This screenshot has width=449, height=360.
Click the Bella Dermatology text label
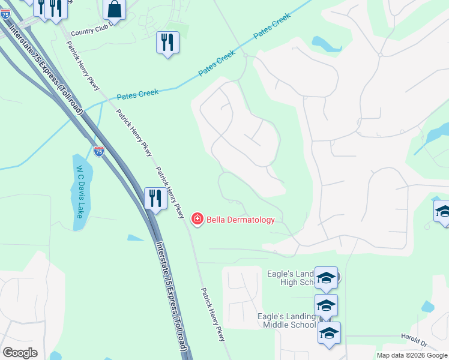point(241,220)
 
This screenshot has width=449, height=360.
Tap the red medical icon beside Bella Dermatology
point(196,220)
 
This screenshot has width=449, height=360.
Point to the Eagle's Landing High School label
point(291,278)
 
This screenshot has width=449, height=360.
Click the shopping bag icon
point(114,9)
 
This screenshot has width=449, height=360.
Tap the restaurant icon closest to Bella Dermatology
point(155,198)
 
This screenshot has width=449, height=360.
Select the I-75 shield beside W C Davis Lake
point(99,151)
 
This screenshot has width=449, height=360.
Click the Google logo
point(20,352)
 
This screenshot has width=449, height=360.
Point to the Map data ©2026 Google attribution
point(412,355)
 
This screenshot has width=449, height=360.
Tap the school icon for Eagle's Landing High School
point(326,277)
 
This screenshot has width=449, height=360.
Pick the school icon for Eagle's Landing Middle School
point(326,305)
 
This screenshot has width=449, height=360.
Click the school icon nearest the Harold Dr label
point(329,332)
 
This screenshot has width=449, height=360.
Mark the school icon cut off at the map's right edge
point(442,211)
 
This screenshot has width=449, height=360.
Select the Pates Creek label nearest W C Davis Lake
point(137,94)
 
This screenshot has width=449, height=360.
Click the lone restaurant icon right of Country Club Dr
point(167,42)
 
